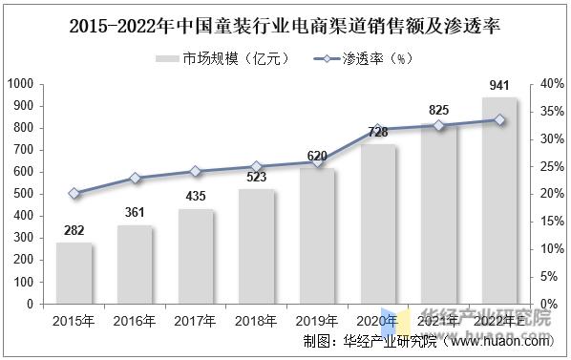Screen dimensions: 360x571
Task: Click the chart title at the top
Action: pos(285,26)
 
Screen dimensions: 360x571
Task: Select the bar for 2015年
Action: pos(74,273)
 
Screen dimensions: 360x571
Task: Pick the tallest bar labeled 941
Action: pos(499,201)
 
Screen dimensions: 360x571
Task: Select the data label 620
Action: pos(318,156)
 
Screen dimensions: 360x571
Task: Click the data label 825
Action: pos(438,111)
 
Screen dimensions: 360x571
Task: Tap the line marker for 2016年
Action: pos(135,178)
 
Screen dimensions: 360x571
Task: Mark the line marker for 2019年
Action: pos(318,162)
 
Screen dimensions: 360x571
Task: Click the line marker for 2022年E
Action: pos(499,119)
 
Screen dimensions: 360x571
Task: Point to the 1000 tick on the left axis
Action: pos(20,84)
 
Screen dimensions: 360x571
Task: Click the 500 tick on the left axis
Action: pos(24,194)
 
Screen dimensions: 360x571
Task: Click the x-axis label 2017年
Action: pos(196,320)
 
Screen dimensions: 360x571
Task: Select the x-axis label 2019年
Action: pos(318,320)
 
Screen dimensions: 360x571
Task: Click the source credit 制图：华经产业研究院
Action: pos(369,341)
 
